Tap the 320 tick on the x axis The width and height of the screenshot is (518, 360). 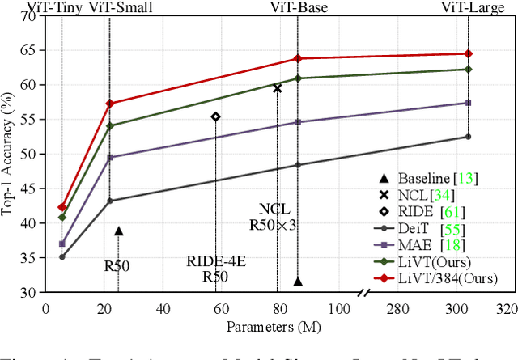pos(507,308)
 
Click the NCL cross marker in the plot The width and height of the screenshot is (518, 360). pos(278,88)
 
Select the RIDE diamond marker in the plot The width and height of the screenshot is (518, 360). pos(215,116)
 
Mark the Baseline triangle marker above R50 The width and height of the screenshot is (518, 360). pos(119,231)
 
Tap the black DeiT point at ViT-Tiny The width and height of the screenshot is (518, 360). pos(62,256)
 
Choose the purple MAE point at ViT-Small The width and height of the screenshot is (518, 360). pos(110,158)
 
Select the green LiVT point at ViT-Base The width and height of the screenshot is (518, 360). pos(298,78)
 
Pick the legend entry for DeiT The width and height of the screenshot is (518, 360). pos(418,229)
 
